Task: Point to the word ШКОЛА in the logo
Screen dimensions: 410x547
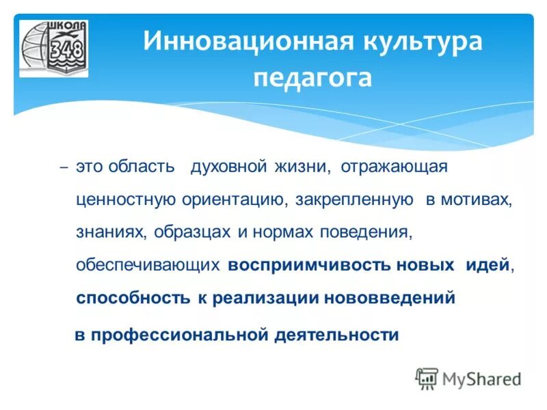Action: pyautogui.click(x=67, y=27)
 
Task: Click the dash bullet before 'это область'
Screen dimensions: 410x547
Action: pyautogui.click(x=64, y=168)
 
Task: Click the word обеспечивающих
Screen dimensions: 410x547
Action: pyautogui.click(x=148, y=265)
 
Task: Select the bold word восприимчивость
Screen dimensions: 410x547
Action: pyautogui.click(x=309, y=265)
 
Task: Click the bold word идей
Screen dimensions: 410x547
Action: pyautogui.click(x=488, y=265)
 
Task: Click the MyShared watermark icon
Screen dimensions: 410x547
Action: pyautogui.click(x=427, y=378)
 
